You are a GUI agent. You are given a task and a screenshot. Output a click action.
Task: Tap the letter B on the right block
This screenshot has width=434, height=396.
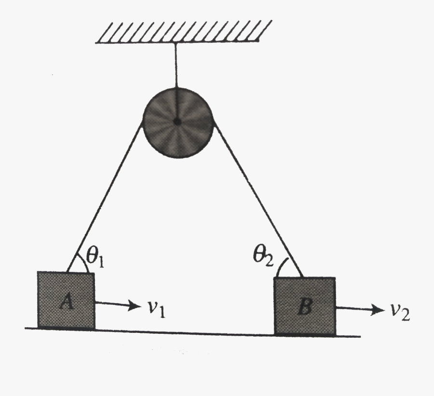click(x=304, y=307)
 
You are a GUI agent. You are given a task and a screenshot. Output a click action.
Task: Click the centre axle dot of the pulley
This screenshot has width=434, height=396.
click(x=177, y=122)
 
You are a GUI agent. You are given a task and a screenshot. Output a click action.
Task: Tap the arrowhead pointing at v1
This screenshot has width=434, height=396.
click(x=134, y=305)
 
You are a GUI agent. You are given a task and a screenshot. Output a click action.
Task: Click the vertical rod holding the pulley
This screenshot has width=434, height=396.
click(x=176, y=65)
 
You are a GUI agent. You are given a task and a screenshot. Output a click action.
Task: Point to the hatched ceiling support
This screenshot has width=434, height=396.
click(x=183, y=32)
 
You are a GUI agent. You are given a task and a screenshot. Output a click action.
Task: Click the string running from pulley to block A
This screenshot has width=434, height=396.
click(x=106, y=198)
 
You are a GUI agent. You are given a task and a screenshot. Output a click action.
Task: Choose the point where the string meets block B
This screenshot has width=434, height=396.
click(x=303, y=277)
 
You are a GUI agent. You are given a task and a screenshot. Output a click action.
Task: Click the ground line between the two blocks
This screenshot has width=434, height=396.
click(x=183, y=331)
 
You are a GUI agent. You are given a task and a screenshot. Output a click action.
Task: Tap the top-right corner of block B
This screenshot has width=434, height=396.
click(x=335, y=278)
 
